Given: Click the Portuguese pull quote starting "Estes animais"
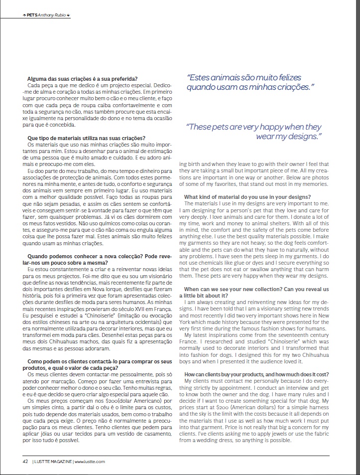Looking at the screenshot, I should [x=250, y=83].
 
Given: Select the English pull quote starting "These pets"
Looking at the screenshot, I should [x=254, y=131].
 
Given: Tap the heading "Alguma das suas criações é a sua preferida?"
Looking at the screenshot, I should [x=83, y=78].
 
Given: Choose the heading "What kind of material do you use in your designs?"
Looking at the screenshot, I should [x=247, y=197].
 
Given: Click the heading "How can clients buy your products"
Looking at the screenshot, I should [x=256, y=374].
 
